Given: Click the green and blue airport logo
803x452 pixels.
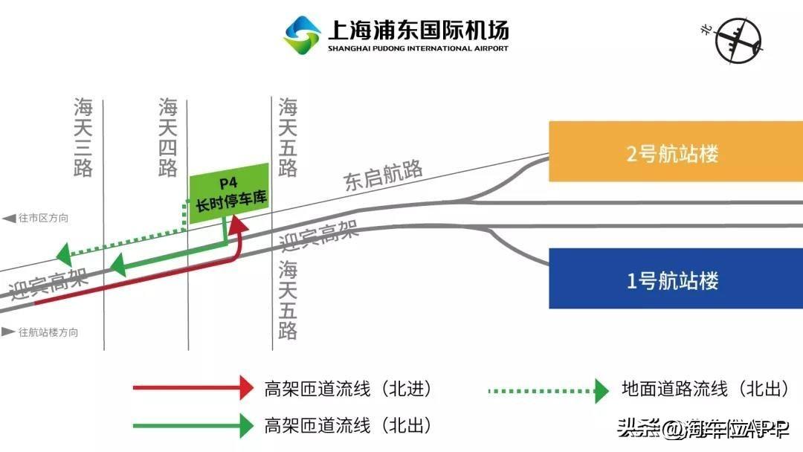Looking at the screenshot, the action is (302, 35).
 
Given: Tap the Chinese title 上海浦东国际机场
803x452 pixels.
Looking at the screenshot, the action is (419, 30).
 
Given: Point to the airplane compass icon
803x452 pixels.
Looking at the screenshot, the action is (738, 40).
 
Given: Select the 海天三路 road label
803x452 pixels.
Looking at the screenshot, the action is (83, 138).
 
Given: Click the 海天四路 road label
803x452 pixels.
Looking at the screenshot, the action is (168, 138).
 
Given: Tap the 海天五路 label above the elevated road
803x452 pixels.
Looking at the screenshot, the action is (288, 138).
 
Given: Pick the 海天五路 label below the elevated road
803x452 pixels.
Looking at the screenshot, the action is (288, 300).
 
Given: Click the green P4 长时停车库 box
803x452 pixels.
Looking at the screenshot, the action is (230, 193).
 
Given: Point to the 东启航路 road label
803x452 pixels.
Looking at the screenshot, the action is (383, 175).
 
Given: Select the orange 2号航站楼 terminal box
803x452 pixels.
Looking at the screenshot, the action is (676, 152).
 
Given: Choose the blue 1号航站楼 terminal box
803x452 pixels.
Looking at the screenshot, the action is (676, 279).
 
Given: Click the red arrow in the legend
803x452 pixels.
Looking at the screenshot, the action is (193, 387).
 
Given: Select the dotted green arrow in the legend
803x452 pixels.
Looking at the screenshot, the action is (549, 391).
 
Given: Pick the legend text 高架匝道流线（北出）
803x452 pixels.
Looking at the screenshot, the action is (348, 426).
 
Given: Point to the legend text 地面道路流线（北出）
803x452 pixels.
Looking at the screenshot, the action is (706, 389).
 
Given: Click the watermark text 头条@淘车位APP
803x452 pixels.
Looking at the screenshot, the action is (703, 428).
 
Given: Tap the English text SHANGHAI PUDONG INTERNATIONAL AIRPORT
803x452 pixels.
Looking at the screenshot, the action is (418, 48).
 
